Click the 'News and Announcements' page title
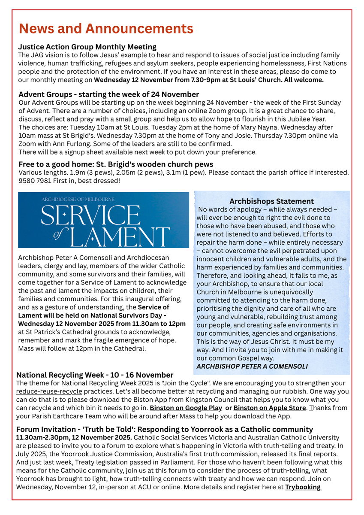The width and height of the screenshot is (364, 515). click(106, 29)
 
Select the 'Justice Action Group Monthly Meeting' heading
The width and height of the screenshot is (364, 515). click(87, 47)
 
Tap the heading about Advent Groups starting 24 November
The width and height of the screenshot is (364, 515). click(108, 94)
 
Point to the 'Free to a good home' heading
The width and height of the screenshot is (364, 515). click(116, 164)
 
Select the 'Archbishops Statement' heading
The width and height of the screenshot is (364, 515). click(271, 201)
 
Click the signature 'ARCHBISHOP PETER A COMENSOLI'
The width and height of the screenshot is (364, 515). click(252, 366)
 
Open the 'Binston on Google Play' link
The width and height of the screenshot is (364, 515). click(186, 408)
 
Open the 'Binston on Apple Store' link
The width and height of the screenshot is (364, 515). click(270, 408)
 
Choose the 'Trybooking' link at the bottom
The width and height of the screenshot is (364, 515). click(303, 487)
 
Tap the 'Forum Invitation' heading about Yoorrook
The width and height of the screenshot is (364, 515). click(164, 429)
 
